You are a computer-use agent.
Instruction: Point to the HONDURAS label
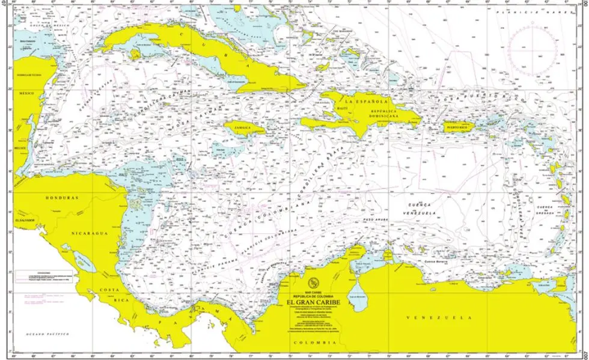point(63,197)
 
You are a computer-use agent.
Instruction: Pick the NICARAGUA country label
point(88,232)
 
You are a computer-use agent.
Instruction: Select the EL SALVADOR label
point(26,221)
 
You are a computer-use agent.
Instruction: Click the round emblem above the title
point(313,284)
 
